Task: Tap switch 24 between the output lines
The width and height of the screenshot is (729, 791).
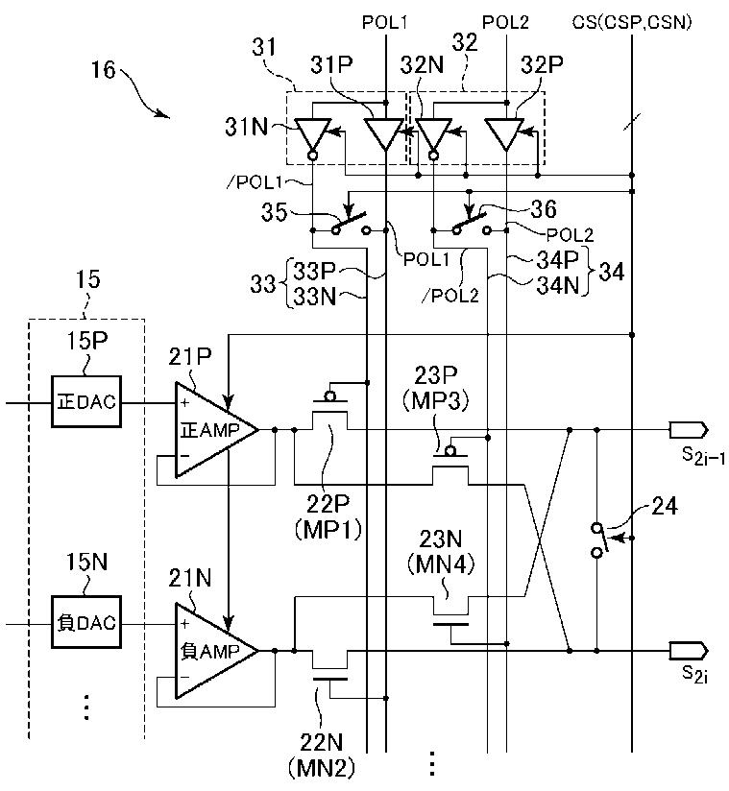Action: point(598,539)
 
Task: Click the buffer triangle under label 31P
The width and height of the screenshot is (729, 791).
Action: point(384,133)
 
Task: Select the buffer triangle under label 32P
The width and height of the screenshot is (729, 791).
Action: point(505,133)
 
